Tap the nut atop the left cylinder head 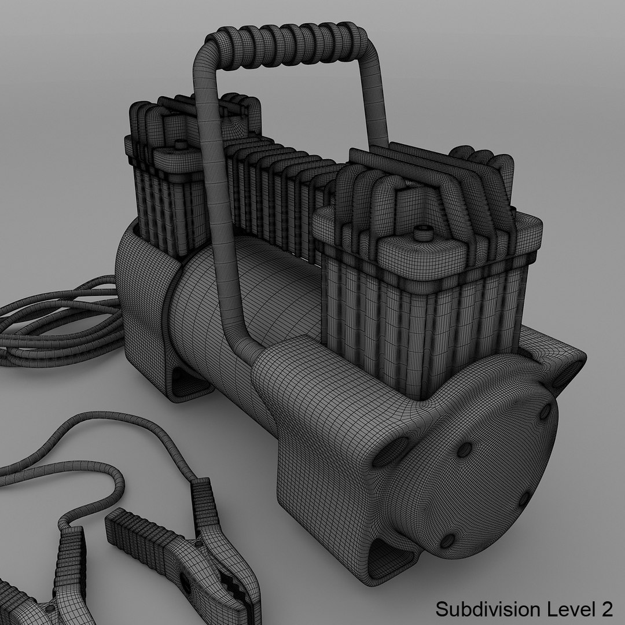[180, 144]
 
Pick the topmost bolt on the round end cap [545, 411]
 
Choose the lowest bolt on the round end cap [447, 541]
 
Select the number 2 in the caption [605, 609]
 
